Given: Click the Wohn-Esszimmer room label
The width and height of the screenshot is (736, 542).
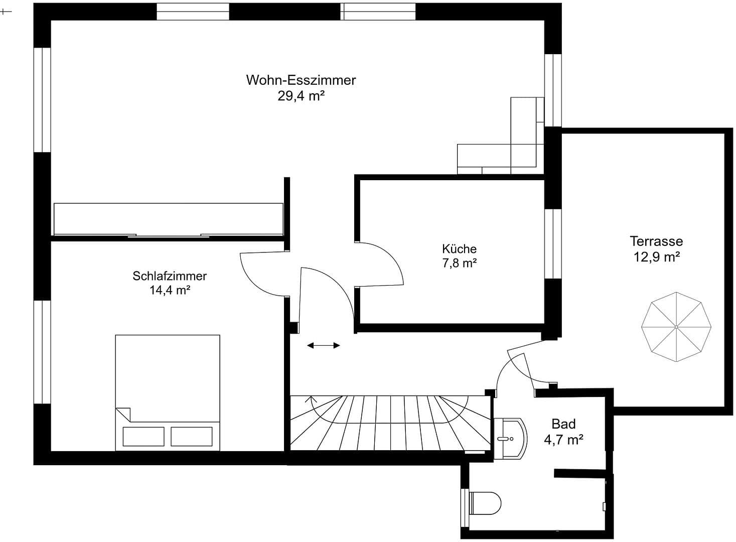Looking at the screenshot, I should click(301, 80).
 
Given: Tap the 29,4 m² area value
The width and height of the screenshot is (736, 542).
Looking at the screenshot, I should click(301, 96).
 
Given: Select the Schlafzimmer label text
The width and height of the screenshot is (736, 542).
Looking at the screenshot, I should click(170, 276).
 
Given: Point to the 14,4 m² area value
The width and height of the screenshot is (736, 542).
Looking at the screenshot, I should click(170, 290).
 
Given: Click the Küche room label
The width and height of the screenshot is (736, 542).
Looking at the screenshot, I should click(459, 248).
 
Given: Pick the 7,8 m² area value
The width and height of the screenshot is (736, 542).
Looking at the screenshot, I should click(459, 263).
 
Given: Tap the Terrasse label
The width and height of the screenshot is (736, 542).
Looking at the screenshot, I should click(656, 241).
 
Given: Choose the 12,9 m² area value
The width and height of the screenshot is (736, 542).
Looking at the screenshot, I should click(656, 257).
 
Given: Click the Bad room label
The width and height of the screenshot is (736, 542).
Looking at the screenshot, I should click(563, 424).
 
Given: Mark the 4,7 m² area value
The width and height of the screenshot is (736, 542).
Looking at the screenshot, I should click(563, 440).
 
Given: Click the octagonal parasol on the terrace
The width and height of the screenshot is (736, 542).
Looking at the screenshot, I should click(676, 327).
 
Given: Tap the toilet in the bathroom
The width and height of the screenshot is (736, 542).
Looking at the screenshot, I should click(485, 503).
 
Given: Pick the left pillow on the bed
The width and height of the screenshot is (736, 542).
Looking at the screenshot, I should click(143, 436).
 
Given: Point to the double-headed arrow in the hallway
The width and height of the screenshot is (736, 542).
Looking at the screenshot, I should click(324, 345).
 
